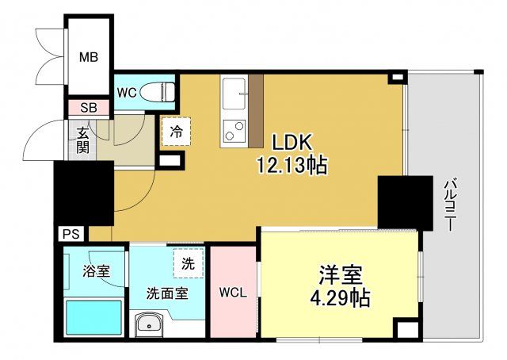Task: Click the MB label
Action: coord(89,56)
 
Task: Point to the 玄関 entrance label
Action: coord(82,140)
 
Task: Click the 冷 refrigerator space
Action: coord(176,132)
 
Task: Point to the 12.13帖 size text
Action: coord(292,166)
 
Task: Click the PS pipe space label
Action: coord(71,235)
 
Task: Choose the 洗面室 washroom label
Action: coord(166,293)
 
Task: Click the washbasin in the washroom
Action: coord(149,324)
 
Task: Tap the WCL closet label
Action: coord(233,292)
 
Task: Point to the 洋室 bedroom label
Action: coord(341,277)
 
